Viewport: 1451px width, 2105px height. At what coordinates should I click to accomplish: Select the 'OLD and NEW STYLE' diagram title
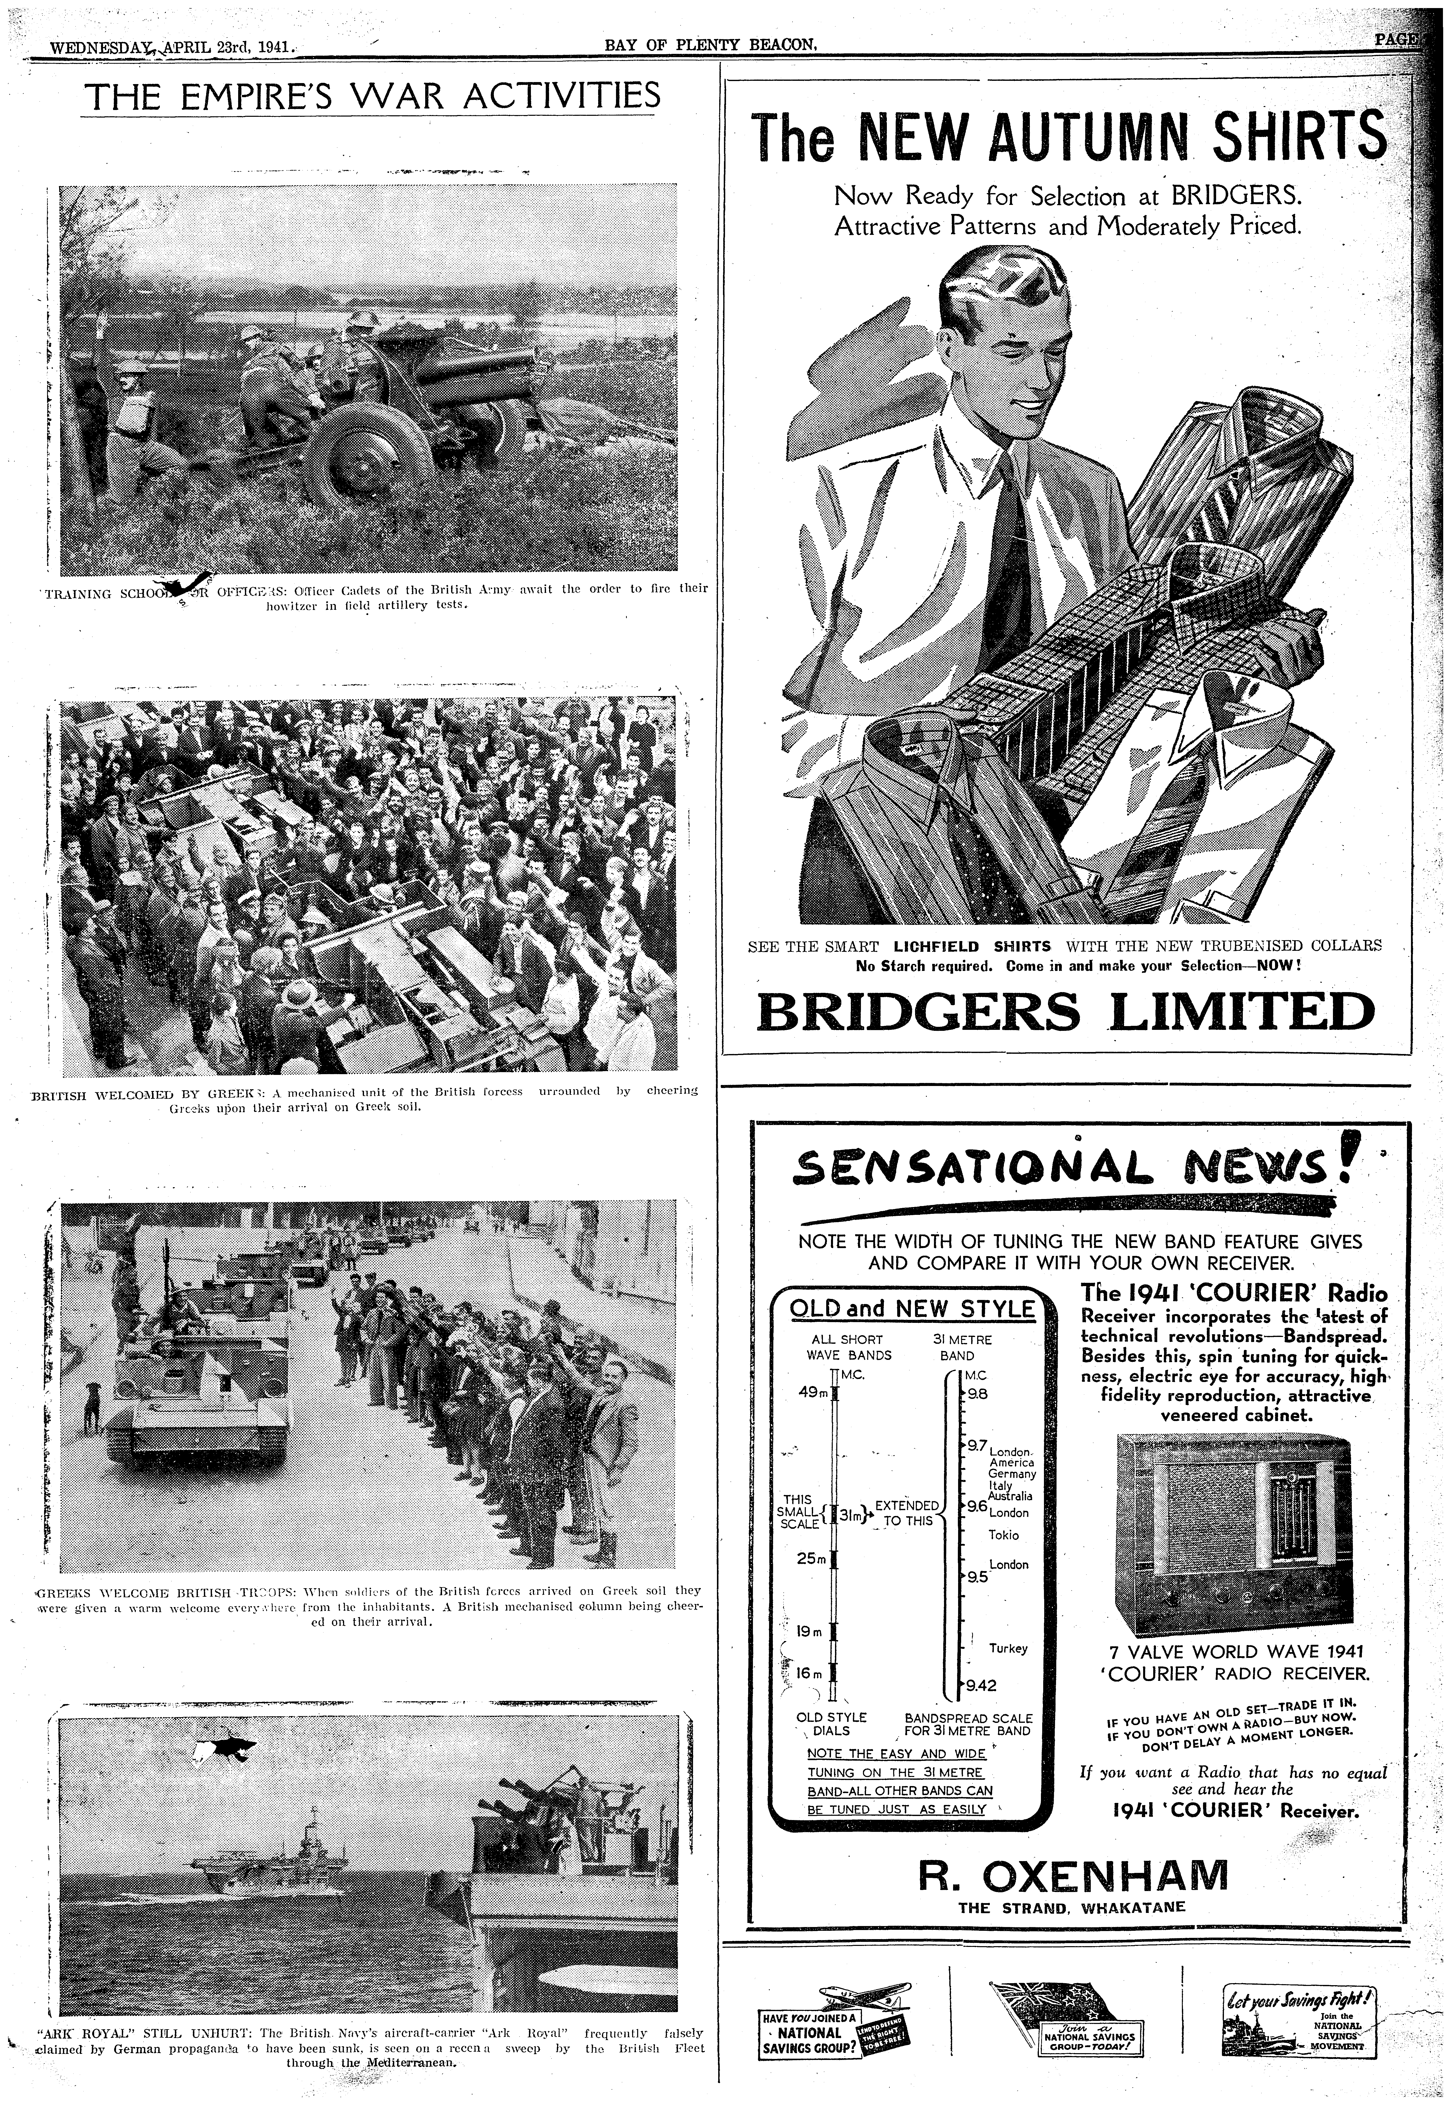[912, 1309]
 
